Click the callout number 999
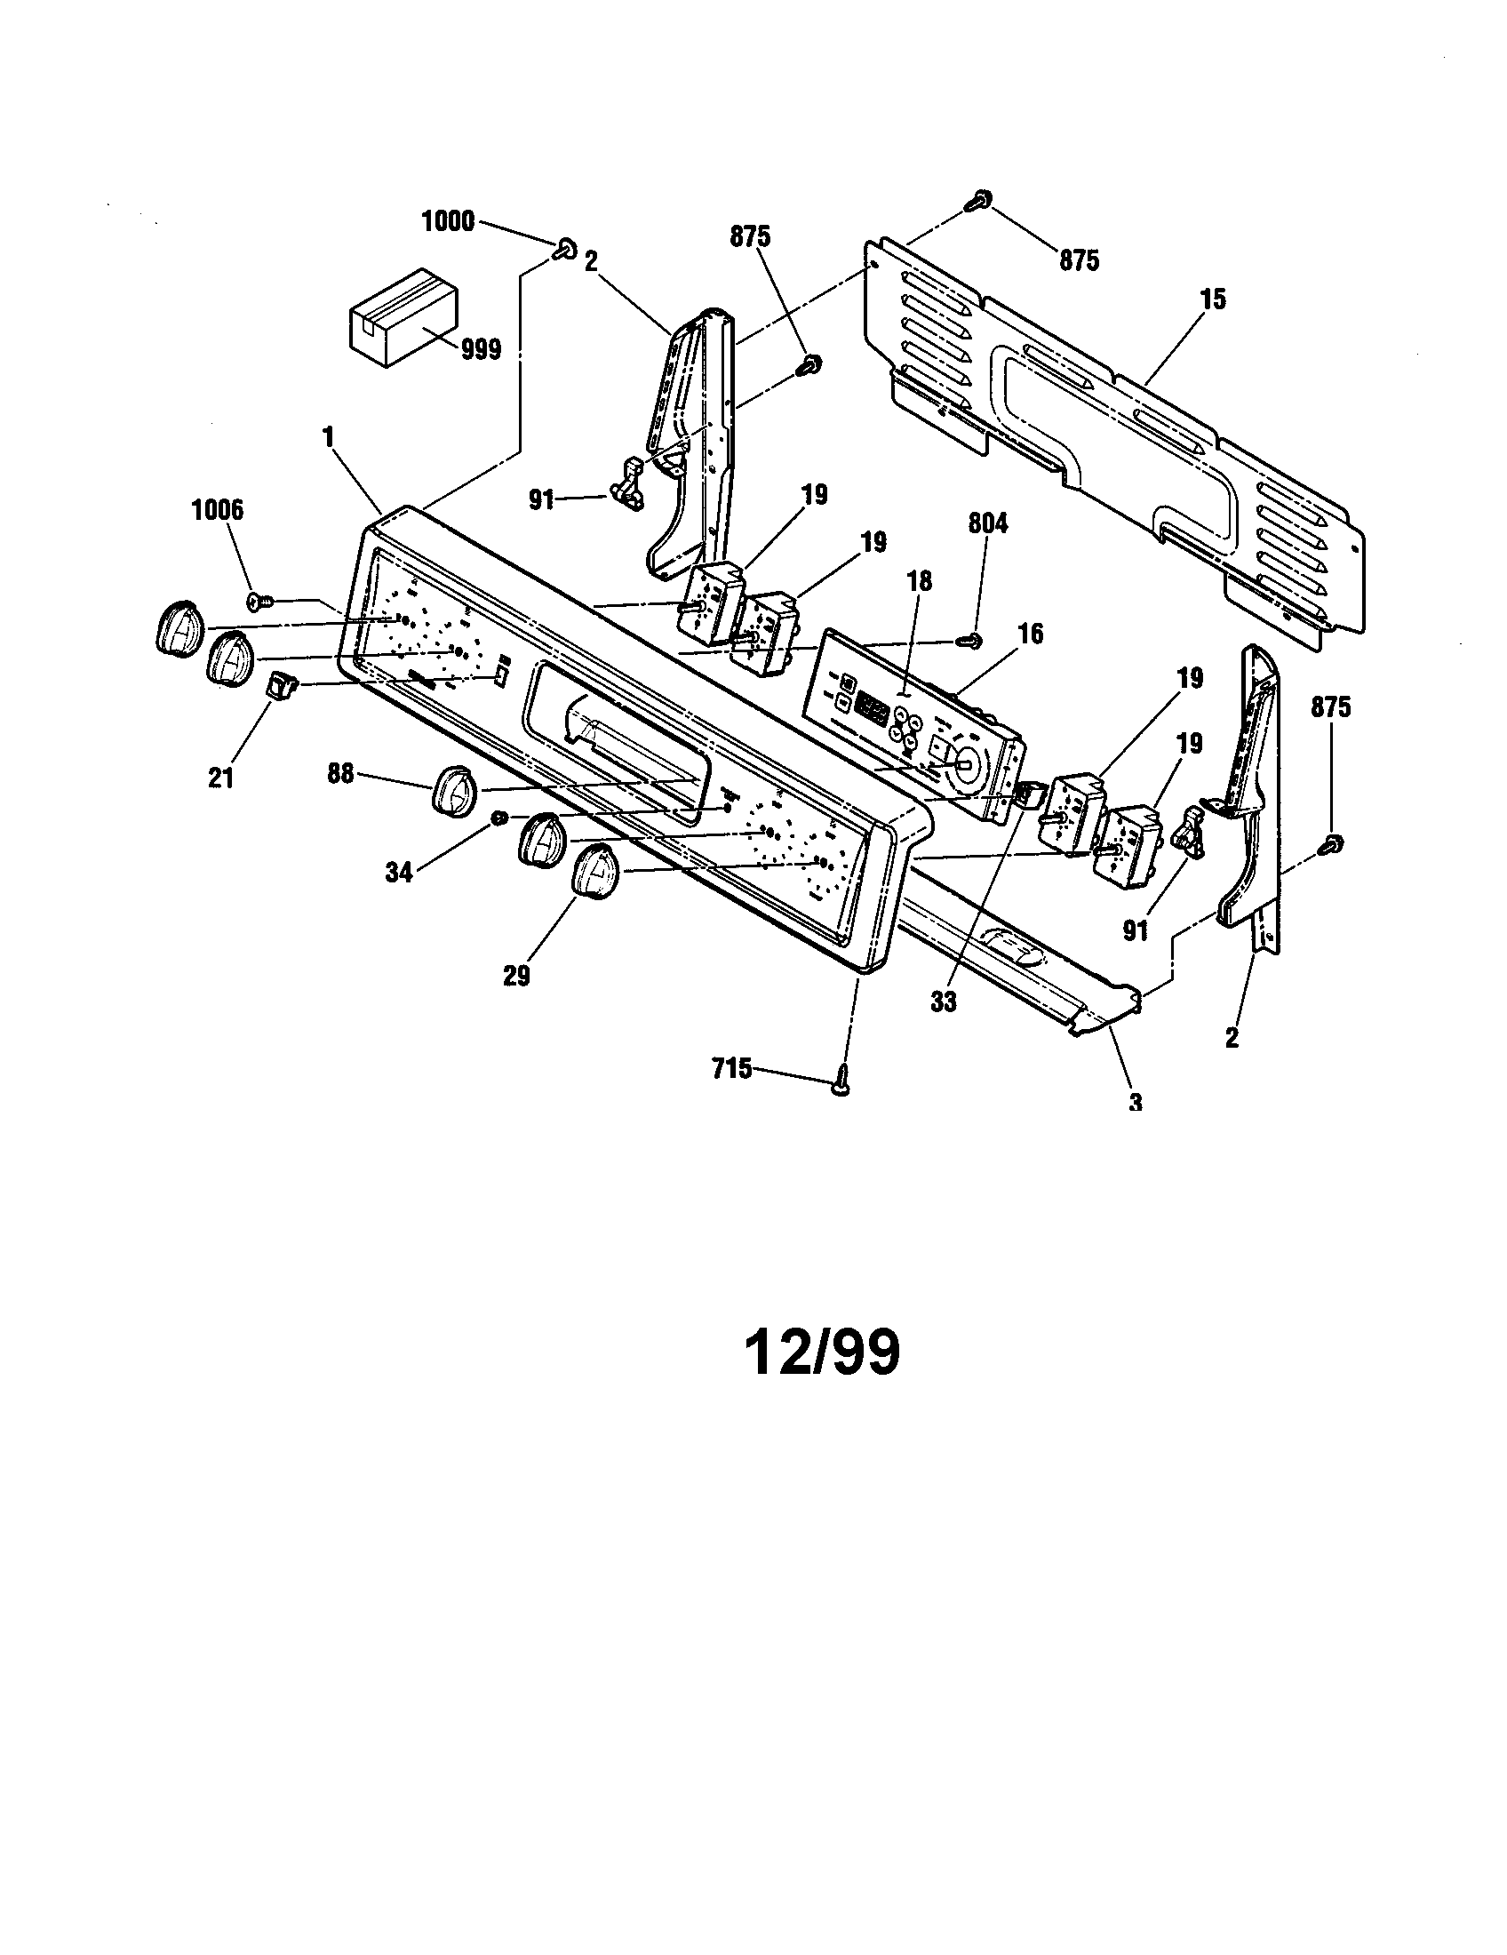(481, 350)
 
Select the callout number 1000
(448, 222)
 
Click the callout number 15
(1213, 299)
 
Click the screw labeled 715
(841, 1084)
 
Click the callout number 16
(1031, 634)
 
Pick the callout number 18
(919, 582)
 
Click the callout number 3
(1136, 1102)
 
